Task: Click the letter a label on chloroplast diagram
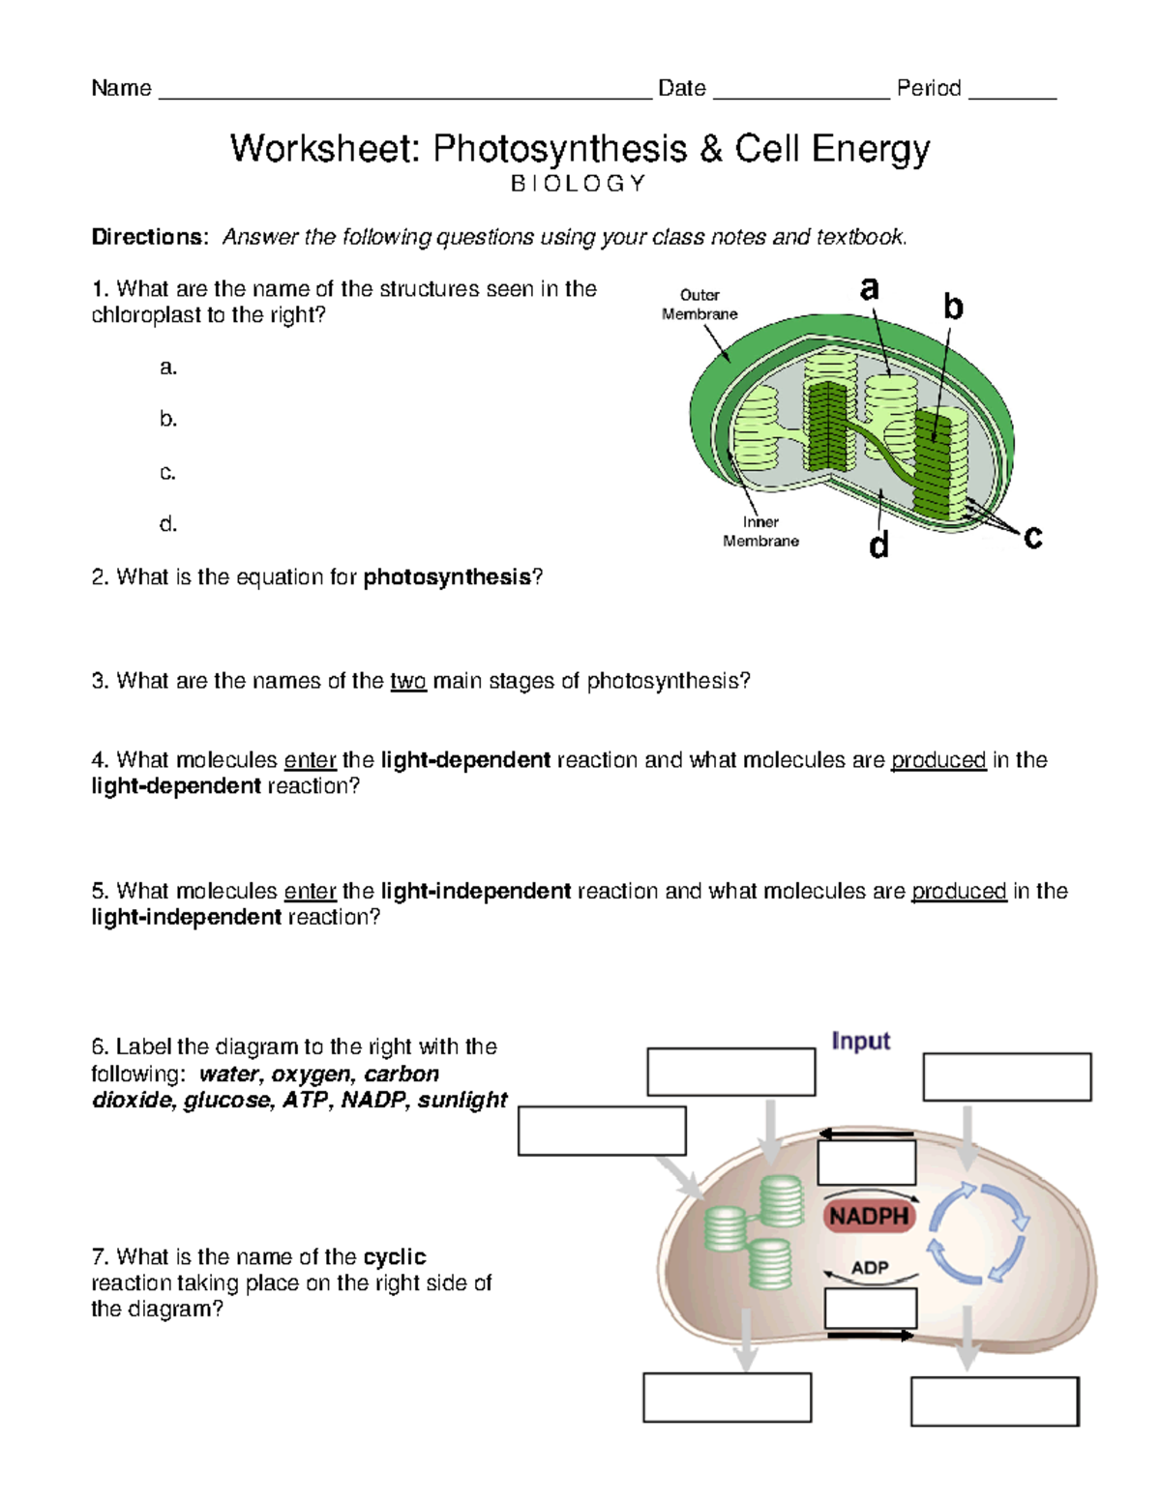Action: (870, 287)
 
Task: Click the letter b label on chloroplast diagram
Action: (953, 308)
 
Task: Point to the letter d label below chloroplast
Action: (878, 546)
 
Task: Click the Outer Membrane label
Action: (700, 305)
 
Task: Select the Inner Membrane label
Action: (760, 531)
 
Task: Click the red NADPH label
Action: (869, 1216)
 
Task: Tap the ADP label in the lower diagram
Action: (870, 1267)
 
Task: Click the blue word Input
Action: (860, 1041)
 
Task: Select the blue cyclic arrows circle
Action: (977, 1232)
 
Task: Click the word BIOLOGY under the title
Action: (578, 184)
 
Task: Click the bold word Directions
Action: (149, 237)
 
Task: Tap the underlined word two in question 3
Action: (408, 681)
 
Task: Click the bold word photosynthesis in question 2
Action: (447, 577)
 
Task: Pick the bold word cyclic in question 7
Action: (394, 1256)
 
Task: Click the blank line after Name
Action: (404, 94)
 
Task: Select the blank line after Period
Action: (1012, 94)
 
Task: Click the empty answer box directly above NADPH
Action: (866, 1163)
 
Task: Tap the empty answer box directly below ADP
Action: (870, 1309)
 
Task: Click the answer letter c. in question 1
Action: (168, 472)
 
